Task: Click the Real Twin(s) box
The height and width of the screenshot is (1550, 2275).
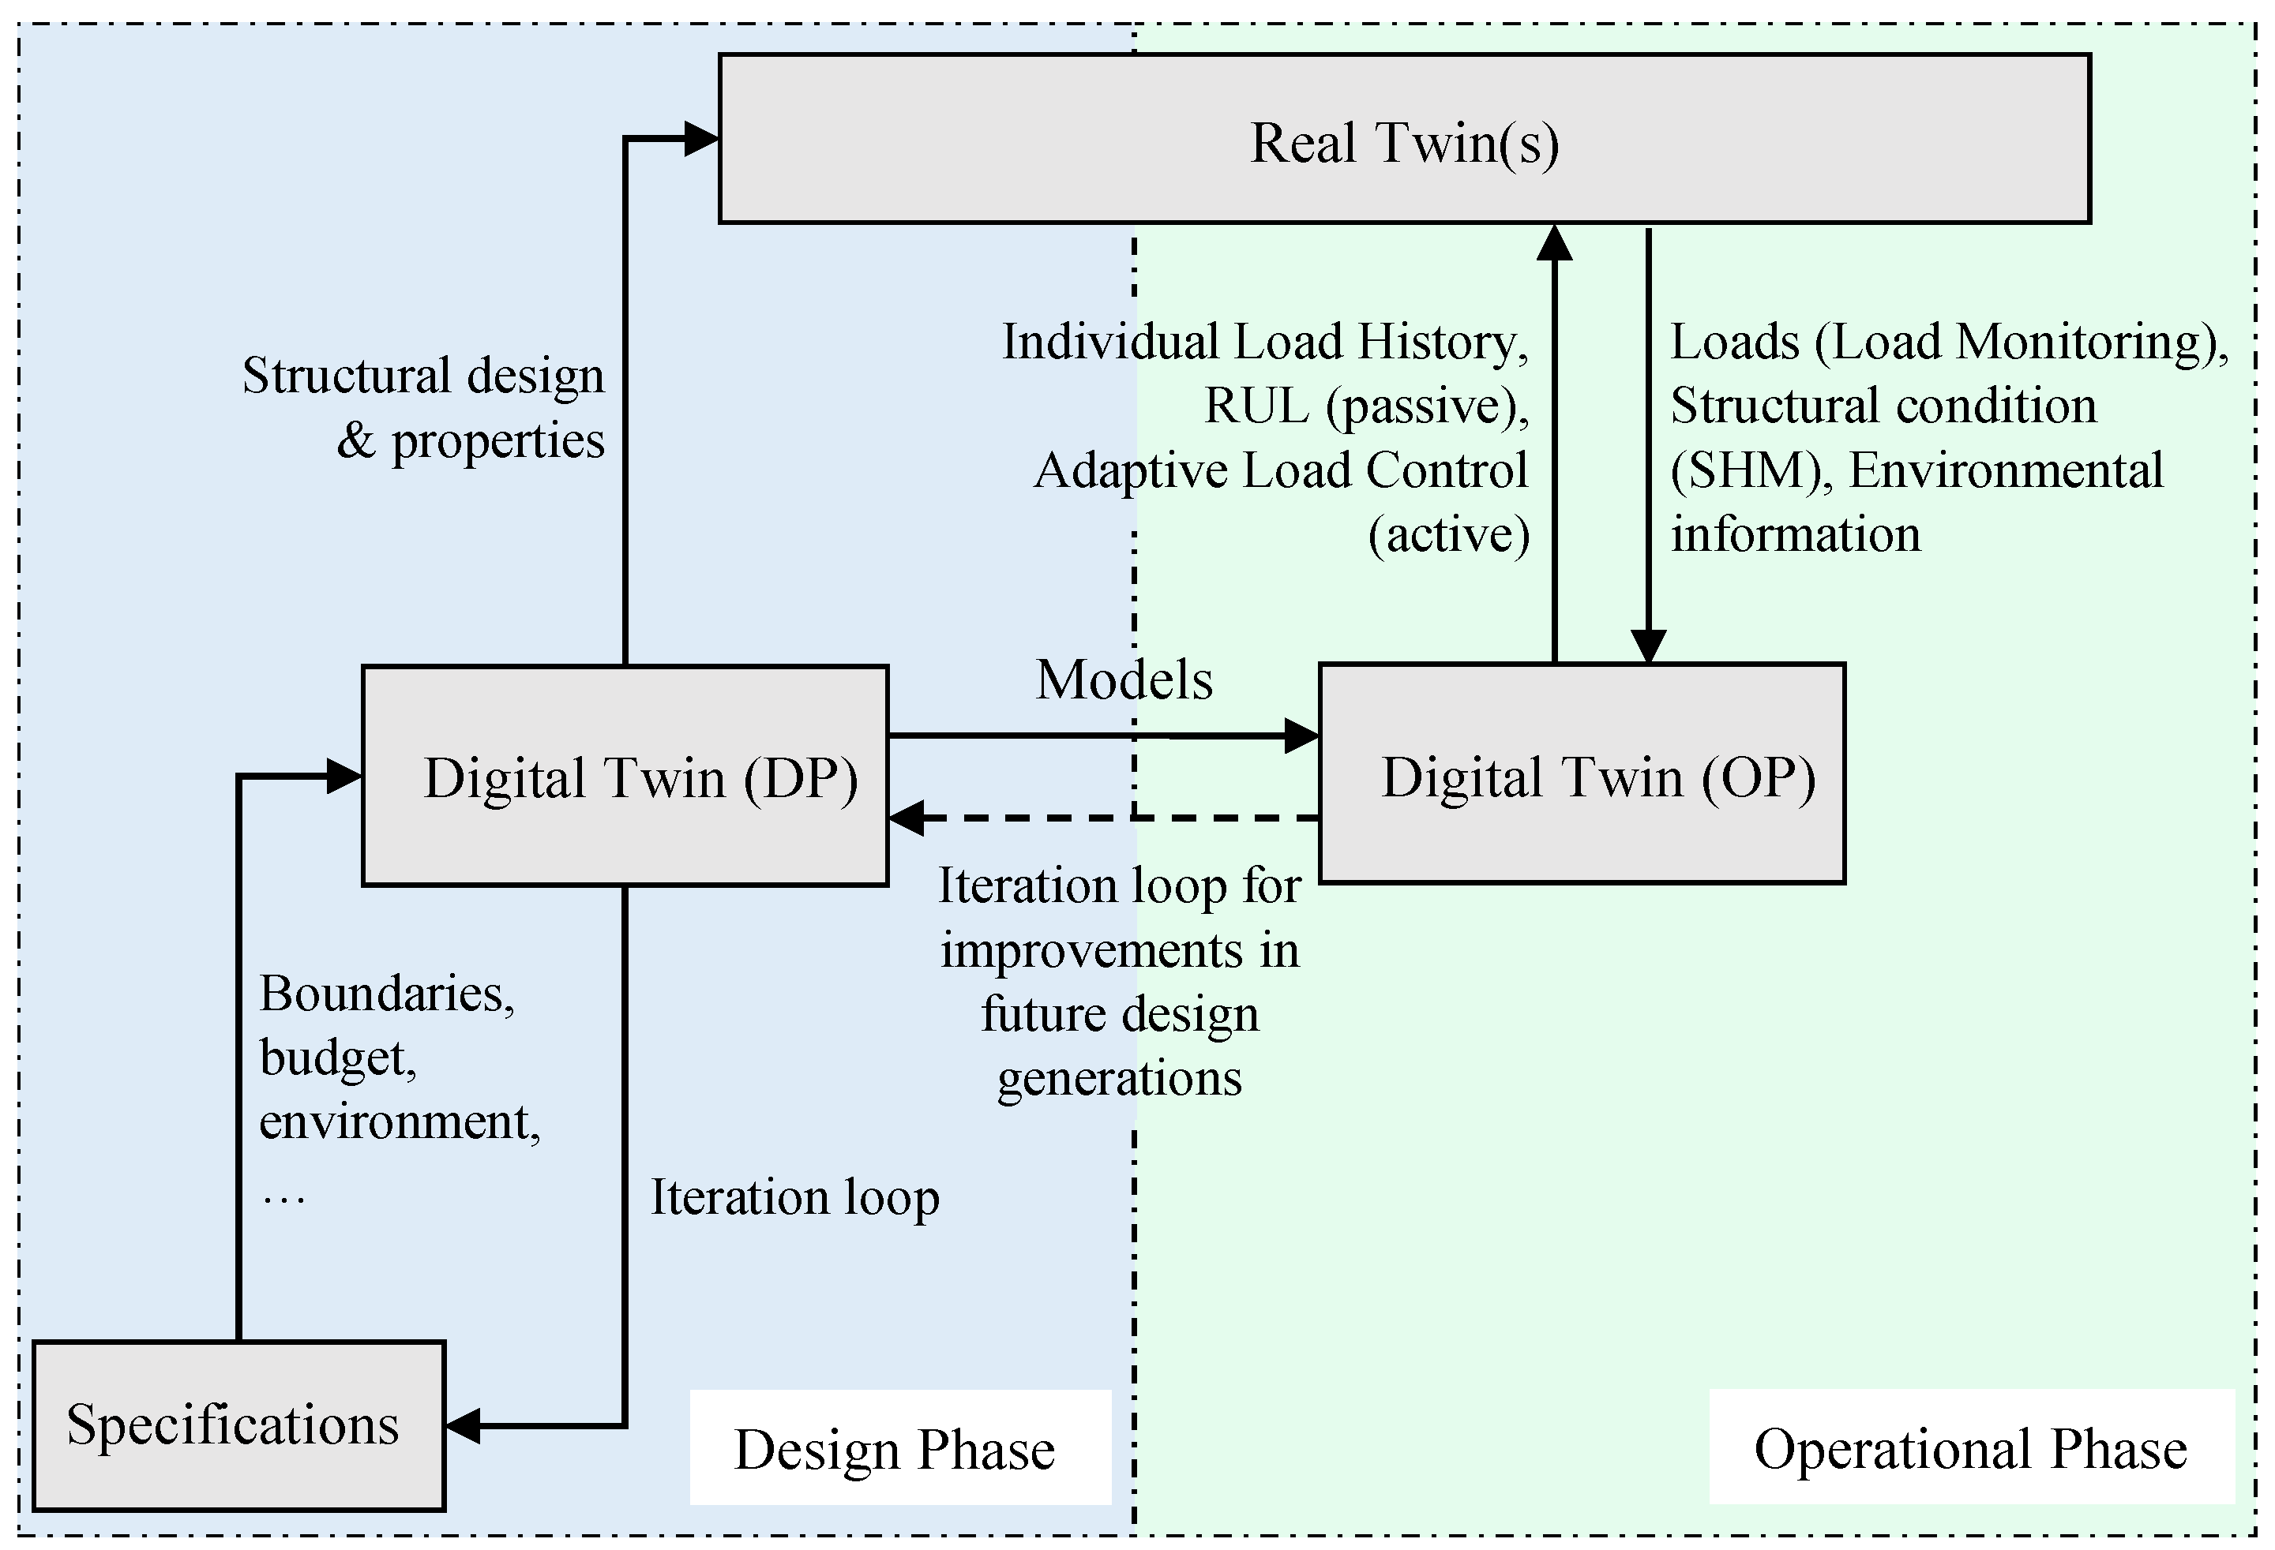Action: (x=1404, y=139)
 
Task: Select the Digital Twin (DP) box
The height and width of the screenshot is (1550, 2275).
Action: (x=625, y=776)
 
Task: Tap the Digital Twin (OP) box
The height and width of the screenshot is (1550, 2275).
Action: (x=1581, y=774)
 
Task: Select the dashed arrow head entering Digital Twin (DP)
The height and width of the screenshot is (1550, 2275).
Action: (x=907, y=817)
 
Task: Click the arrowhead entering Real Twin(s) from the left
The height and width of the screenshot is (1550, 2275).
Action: (x=701, y=139)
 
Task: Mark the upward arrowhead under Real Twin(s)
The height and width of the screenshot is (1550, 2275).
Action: (x=1555, y=242)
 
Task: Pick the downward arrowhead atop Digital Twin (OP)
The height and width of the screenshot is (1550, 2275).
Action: (x=1649, y=646)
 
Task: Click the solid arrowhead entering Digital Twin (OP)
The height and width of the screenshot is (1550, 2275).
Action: (x=1301, y=735)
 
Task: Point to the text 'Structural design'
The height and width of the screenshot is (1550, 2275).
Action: (x=423, y=375)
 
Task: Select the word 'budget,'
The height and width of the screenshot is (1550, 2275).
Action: (x=338, y=1058)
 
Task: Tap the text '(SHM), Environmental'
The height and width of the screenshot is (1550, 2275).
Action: (x=1916, y=470)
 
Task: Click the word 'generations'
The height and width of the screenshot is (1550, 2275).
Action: (x=1119, y=1078)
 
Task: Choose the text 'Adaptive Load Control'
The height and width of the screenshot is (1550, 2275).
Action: (x=1280, y=470)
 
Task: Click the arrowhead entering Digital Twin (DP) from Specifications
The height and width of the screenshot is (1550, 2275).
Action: (x=344, y=776)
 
